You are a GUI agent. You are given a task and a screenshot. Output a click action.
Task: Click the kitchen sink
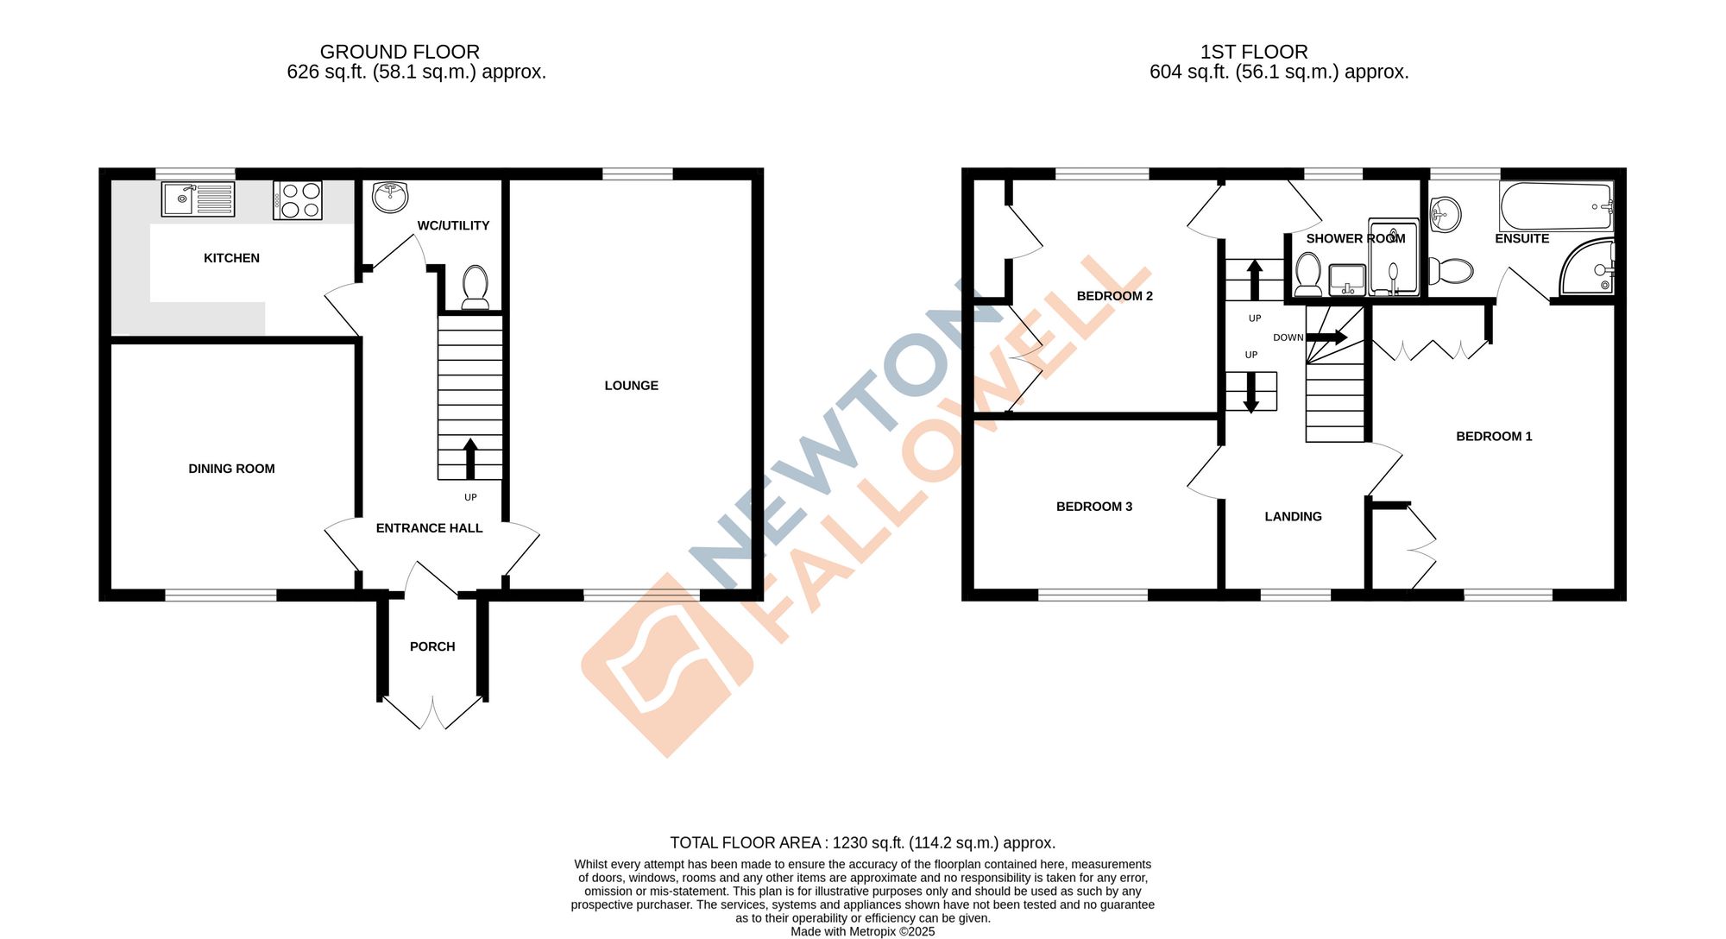click(198, 199)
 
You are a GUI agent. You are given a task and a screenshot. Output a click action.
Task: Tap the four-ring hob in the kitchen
click(298, 200)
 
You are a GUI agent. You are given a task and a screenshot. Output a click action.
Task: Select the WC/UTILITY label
click(453, 225)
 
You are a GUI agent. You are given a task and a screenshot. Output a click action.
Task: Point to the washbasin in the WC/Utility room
click(390, 197)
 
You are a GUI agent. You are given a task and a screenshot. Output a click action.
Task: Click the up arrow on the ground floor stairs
click(470, 458)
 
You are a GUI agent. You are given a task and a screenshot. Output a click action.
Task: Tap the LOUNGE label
click(631, 386)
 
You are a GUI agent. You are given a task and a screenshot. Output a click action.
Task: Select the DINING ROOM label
click(231, 469)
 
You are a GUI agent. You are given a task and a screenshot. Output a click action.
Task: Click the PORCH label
click(432, 646)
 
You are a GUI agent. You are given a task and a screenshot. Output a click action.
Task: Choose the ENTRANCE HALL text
click(429, 528)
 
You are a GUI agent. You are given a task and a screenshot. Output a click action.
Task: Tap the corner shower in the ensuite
click(1587, 267)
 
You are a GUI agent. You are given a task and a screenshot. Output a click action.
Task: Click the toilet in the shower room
click(1308, 274)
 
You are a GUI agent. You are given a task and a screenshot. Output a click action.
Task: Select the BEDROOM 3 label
click(1094, 507)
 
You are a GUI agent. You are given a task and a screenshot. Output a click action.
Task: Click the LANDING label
click(1293, 517)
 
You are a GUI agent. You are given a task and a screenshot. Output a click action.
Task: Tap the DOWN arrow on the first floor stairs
click(1326, 337)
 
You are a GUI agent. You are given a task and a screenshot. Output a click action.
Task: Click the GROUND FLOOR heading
click(400, 52)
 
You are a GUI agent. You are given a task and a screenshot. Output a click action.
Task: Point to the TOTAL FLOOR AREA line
click(863, 843)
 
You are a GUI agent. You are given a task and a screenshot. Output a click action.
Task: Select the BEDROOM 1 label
click(1494, 437)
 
